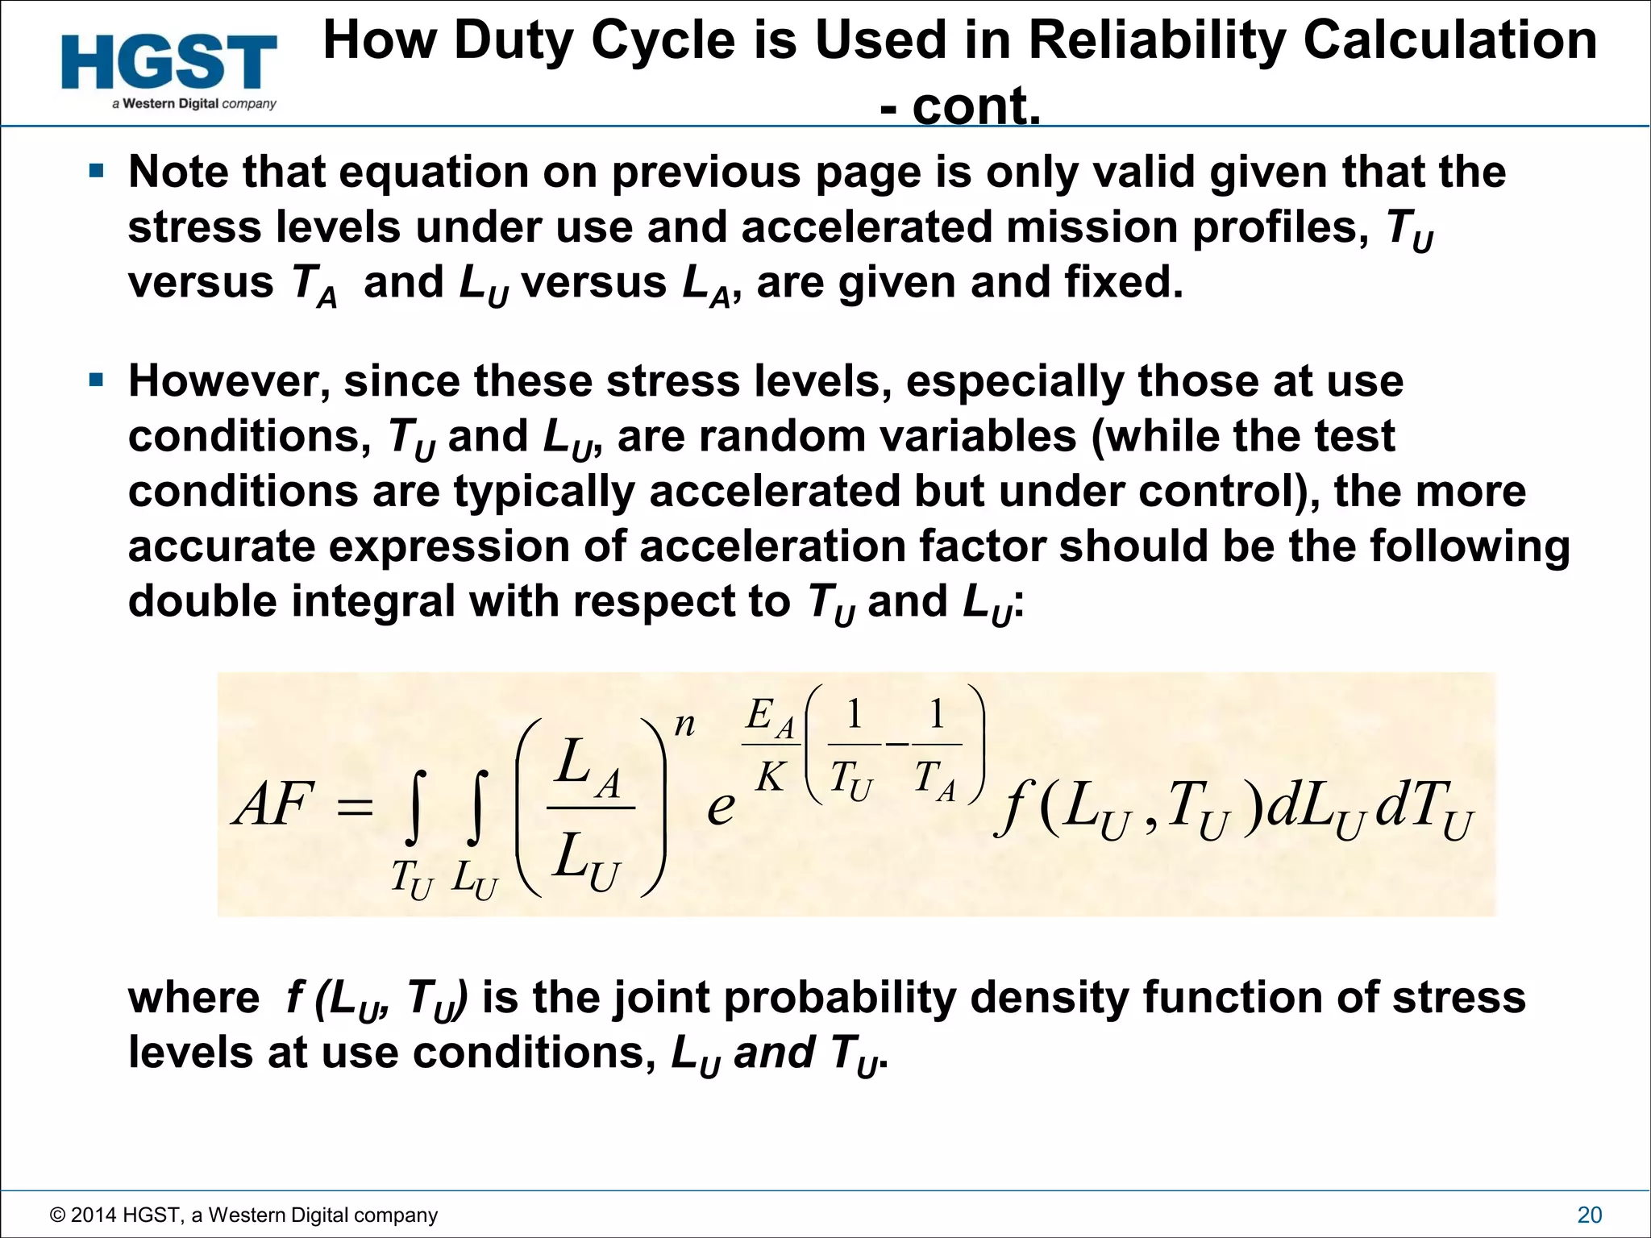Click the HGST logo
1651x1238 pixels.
pyautogui.click(x=169, y=63)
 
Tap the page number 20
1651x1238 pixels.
pyautogui.click(x=1589, y=1215)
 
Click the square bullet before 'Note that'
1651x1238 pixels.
pyautogui.click(x=97, y=171)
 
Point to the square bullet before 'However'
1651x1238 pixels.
pyautogui.click(x=97, y=380)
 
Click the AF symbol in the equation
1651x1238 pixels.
pyautogui.click(x=272, y=804)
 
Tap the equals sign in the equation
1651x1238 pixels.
pyautogui.click(x=356, y=806)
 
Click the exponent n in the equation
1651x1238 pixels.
pyautogui.click(x=684, y=725)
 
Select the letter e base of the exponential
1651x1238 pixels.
pyautogui.click(x=721, y=807)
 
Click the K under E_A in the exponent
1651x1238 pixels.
pyautogui.click(x=770, y=777)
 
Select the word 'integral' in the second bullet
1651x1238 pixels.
pyautogui.click(x=372, y=601)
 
